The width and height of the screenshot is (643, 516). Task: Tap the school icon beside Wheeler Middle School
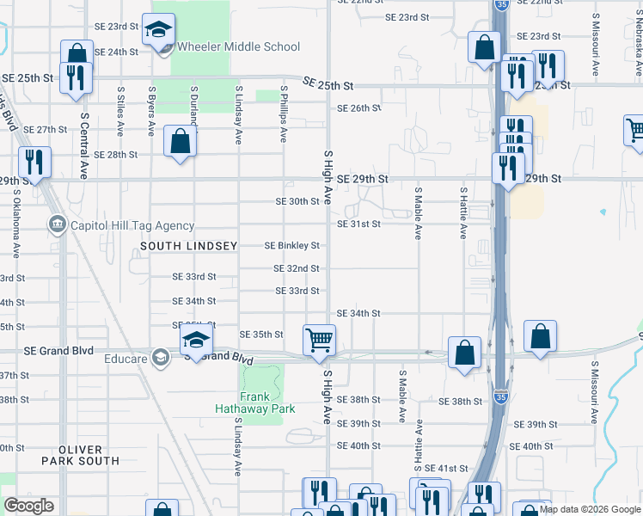[x=158, y=30]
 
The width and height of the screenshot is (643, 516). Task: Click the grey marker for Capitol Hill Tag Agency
[x=57, y=225]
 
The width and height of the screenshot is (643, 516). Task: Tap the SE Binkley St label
[x=291, y=246]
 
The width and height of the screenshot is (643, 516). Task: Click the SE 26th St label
[x=358, y=108]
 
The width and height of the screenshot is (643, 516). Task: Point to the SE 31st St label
[x=358, y=224]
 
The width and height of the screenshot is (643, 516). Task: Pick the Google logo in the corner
[x=28, y=506]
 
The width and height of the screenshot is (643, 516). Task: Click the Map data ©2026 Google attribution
[x=590, y=510]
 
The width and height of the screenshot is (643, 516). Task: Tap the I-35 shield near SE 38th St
[x=500, y=397]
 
